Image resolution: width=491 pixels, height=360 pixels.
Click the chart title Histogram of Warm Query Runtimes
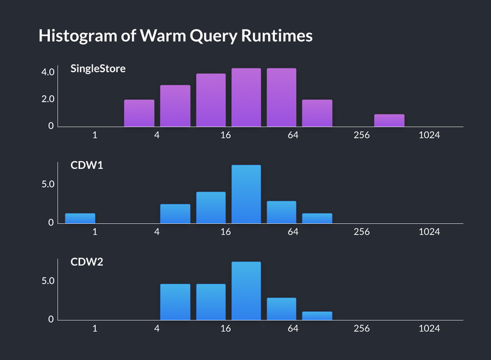point(175,36)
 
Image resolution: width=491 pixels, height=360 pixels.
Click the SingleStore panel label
point(98,68)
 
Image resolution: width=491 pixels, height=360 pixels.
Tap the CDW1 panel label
point(87,165)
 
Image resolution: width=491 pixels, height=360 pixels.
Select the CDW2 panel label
point(87,262)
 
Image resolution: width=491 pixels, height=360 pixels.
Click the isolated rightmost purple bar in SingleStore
point(389,120)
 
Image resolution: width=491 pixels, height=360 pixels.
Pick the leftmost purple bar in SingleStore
point(139,113)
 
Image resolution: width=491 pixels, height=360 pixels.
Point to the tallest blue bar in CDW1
point(246,194)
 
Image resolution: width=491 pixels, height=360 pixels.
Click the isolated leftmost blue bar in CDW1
point(80,218)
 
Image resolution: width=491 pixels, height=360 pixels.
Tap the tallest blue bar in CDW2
point(246,290)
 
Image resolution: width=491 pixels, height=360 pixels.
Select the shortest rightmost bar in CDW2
point(317,315)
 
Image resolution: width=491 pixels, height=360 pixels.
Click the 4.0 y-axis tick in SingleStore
point(47,72)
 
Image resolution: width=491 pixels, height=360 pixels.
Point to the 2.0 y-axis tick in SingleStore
point(47,99)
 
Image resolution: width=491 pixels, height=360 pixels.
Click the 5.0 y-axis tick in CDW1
point(47,184)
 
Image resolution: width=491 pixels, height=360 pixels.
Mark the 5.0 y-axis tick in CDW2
point(47,281)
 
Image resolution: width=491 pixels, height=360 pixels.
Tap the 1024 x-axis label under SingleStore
point(429,136)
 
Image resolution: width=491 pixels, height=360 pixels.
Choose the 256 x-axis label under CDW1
point(361,232)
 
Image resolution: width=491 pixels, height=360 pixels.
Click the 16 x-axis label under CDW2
point(225,329)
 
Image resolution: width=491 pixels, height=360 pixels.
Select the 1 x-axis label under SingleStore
point(95,136)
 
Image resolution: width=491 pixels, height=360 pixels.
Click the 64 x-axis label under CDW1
point(293,232)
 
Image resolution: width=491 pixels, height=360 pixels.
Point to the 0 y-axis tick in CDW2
point(51,319)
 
